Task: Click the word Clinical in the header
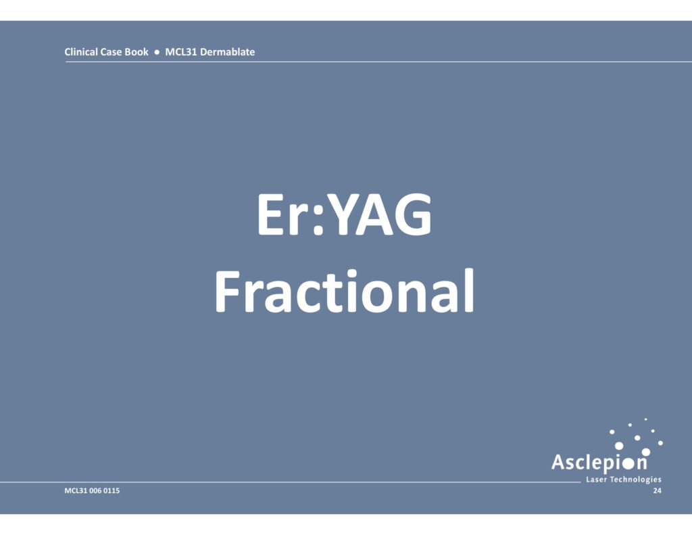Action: [x=81, y=51]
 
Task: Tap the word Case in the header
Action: [x=111, y=51]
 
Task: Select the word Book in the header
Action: [x=137, y=51]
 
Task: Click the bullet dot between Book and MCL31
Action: [x=157, y=52]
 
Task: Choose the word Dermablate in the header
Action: [x=227, y=51]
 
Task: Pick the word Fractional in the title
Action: [x=344, y=291]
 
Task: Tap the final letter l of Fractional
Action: [x=470, y=290]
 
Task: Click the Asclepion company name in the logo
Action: [x=599, y=462]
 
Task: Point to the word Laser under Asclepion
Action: [x=595, y=480]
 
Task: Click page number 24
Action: [x=657, y=490]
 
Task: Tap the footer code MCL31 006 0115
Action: [x=92, y=490]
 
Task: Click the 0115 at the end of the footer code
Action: [x=112, y=490]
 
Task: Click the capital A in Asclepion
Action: [x=558, y=461]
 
